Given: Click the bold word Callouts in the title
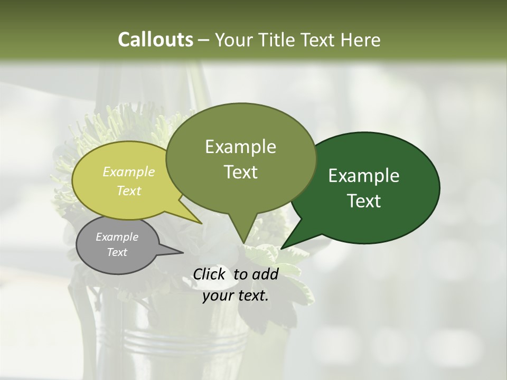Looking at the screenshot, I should click(x=155, y=40).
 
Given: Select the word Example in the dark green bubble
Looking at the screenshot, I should click(x=364, y=176).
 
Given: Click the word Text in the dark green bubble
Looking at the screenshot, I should click(x=364, y=201).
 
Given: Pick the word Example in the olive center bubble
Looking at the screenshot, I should click(x=240, y=147).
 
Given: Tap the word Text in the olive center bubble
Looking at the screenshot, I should click(x=240, y=172).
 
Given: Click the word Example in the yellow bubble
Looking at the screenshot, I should click(x=129, y=172).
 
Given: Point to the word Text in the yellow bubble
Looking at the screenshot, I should click(x=129, y=191).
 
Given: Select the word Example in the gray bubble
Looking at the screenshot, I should click(x=117, y=237).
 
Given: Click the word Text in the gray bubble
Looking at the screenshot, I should click(x=117, y=252).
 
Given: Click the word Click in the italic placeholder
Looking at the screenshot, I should click(x=210, y=274).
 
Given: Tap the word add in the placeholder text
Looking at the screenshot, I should click(x=265, y=274).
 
